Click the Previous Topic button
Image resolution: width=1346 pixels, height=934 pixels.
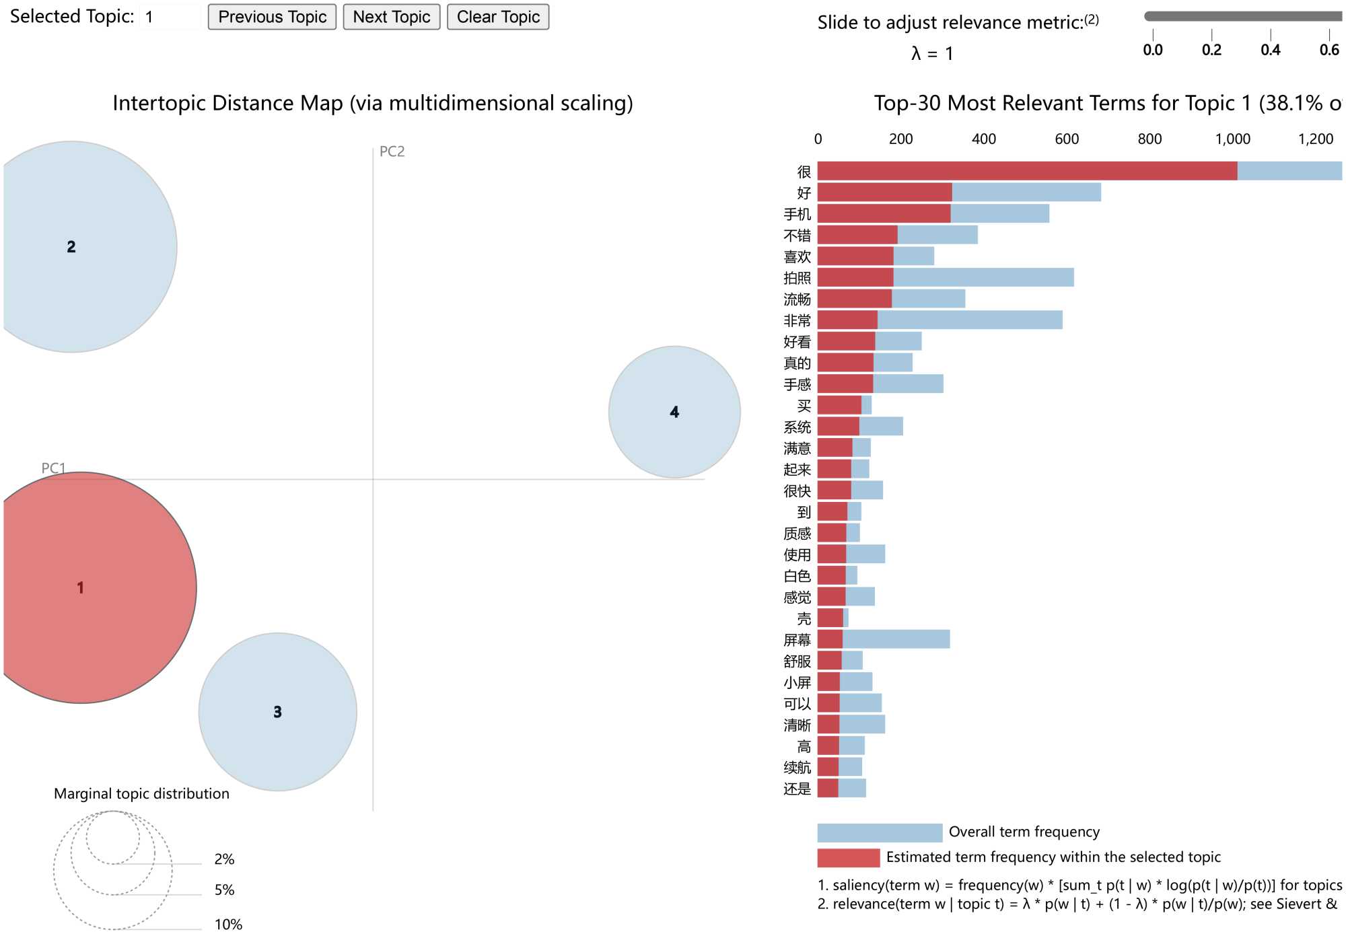coord(272,17)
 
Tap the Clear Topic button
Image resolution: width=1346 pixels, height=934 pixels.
coord(498,17)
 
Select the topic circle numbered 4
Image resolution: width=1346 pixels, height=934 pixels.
coord(674,412)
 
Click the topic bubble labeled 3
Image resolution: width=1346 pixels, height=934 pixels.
coord(277,712)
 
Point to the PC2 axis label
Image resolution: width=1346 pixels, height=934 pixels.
coord(392,151)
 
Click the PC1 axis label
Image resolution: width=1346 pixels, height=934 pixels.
coord(53,468)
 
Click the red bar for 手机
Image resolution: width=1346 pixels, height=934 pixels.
coord(884,214)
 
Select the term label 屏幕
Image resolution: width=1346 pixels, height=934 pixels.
coord(798,640)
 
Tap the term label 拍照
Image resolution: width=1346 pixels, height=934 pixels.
coord(798,278)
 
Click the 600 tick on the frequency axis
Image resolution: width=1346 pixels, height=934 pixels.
coord(1067,139)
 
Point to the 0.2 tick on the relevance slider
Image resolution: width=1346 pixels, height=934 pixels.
coord(1211,50)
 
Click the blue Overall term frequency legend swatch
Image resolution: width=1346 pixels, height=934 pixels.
coord(880,832)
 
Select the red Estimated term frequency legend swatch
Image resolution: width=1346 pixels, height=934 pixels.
coord(848,857)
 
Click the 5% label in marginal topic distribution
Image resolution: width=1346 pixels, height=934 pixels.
coord(224,890)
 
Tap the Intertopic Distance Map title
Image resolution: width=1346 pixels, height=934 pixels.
coord(372,103)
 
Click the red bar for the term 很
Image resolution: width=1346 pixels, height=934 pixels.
coord(1027,171)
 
